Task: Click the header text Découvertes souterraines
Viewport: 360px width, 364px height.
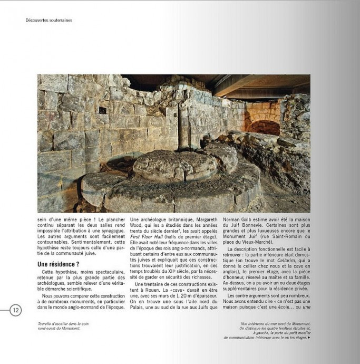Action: pos(49,21)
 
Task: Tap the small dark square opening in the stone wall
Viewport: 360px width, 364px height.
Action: pos(102,110)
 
